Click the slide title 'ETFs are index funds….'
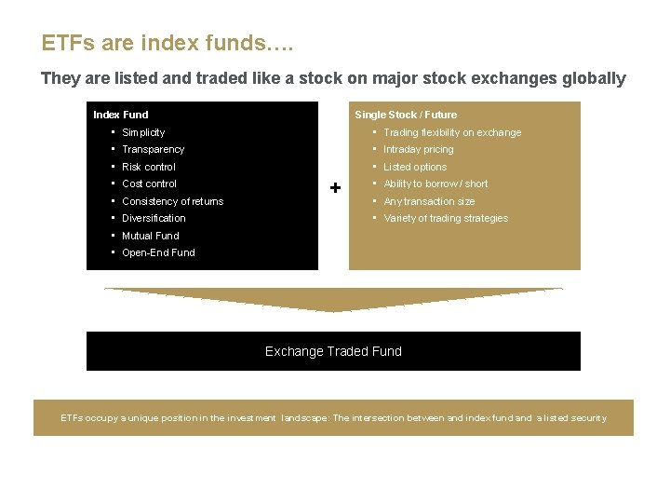point(154,43)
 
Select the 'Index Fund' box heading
point(121,115)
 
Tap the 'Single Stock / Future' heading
point(406,115)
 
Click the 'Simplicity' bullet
point(143,132)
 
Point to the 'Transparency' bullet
point(153,149)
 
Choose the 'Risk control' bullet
point(148,167)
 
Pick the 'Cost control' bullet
point(149,184)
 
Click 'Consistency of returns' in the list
point(172,201)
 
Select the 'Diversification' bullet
point(154,218)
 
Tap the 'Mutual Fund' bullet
point(150,236)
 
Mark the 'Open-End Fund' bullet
point(158,252)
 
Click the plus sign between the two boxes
point(335,188)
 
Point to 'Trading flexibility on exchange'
point(452,132)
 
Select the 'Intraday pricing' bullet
point(419,149)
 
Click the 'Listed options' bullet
point(415,167)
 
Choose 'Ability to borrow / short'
point(435,184)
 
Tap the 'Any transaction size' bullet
point(429,201)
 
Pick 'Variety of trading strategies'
point(446,218)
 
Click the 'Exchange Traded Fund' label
point(333,351)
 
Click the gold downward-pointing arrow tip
point(333,309)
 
